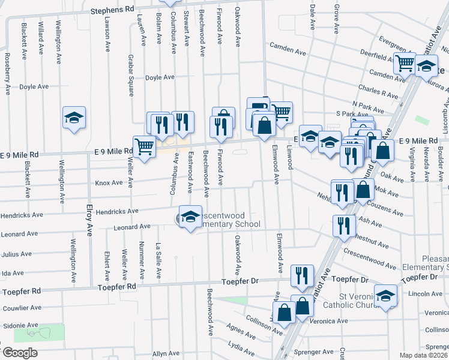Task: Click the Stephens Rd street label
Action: pos(112,10)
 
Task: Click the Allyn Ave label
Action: pos(166,354)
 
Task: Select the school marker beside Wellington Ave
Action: pos(74,117)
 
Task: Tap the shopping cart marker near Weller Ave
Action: pos(144,146)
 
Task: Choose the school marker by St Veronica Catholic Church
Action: pos(385,295)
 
